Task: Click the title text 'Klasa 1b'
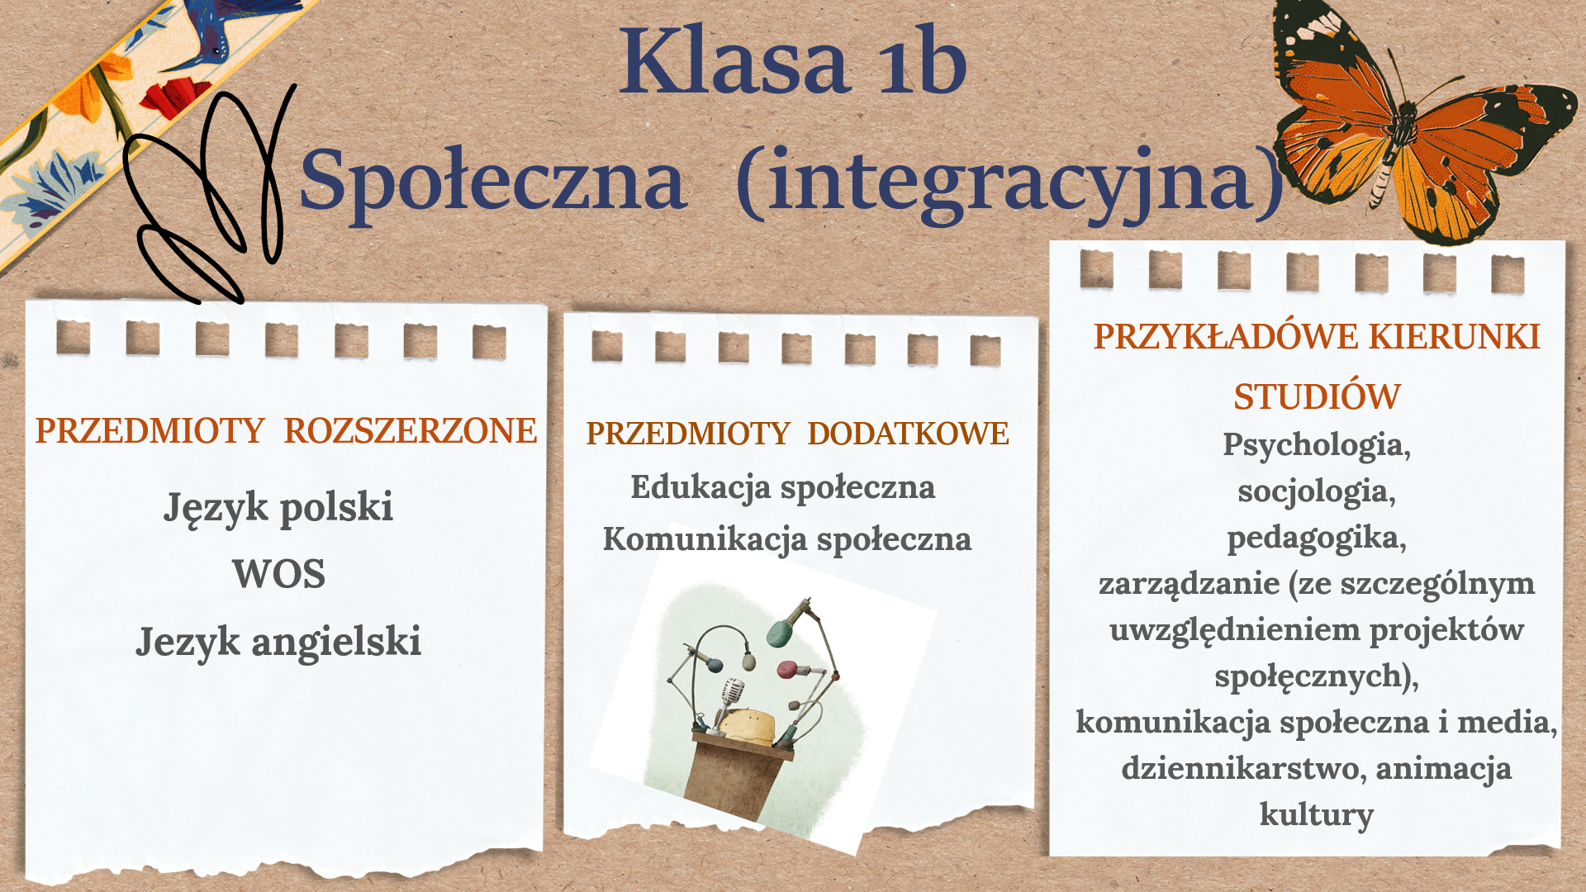click(x=793, y=60)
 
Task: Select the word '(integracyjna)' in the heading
click(x=1009, y=183)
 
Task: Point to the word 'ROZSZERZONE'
click(x=411, y=431)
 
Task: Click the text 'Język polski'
click(x=278, y=507)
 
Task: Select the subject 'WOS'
click(x=278, y=574)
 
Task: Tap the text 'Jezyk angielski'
click(x=278, y=643)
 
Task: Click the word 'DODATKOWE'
click(x=909, y=434)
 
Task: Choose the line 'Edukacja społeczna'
click(x=783, y=487)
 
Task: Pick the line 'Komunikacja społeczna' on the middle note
click(x=787, y=539)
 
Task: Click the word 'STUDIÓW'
click(x=1317, y=396)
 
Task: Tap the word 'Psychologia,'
click(x=1317, y=445)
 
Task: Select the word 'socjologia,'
click(x=1317, y=491)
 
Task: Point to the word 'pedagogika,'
click(x=1317, y=538)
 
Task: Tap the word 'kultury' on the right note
click(x=1317, y=814)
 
